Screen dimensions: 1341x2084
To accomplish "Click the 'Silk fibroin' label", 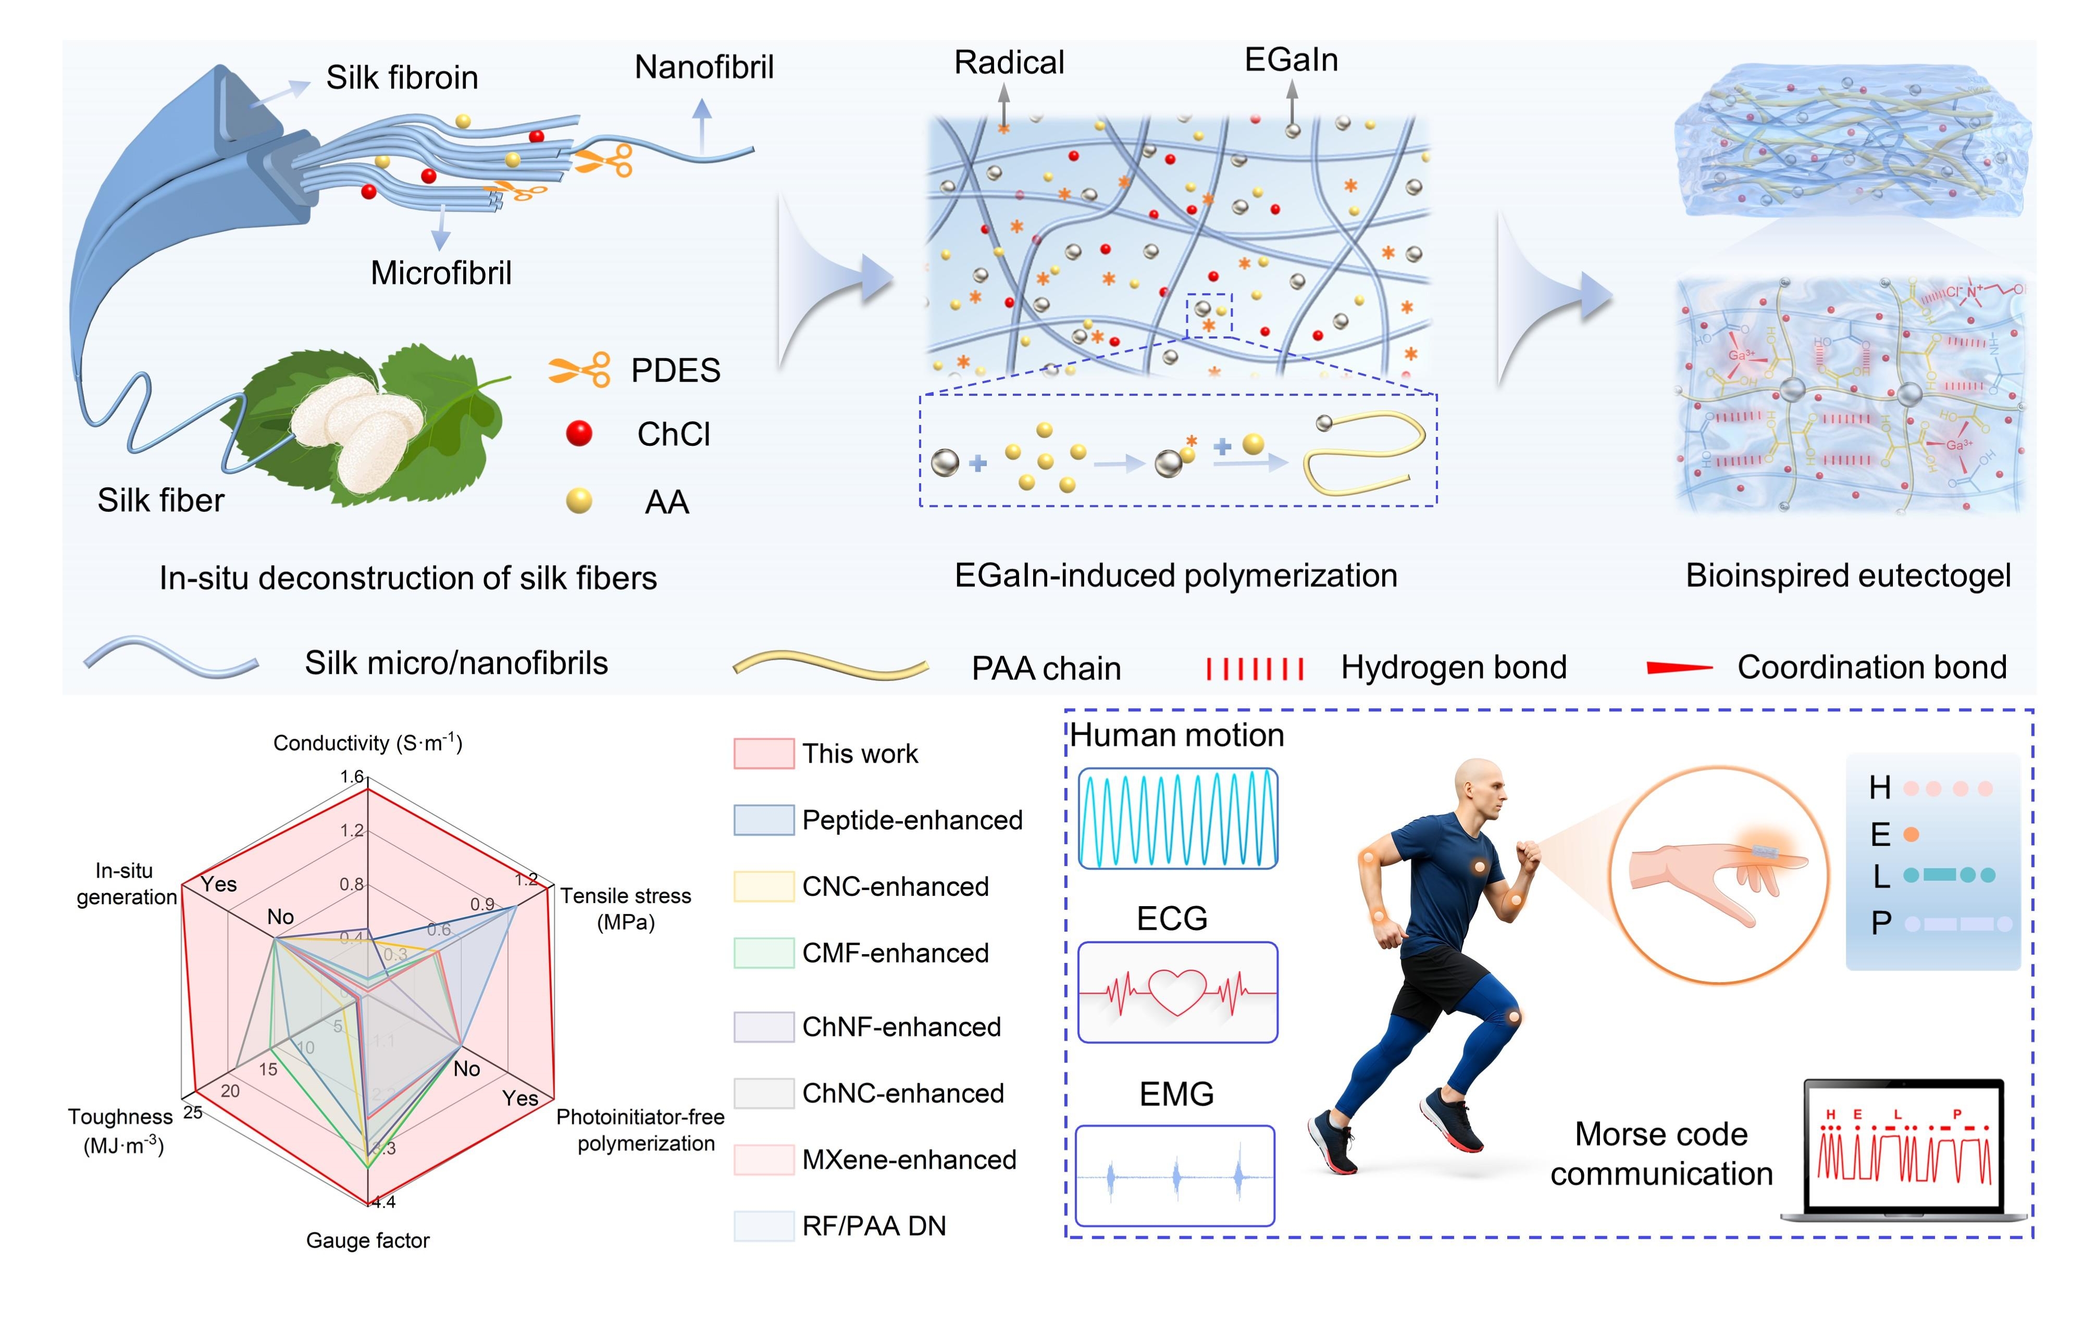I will [402, 78].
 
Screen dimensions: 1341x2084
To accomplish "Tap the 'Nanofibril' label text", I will [704, 67].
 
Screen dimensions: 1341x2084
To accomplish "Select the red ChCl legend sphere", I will [579, 433].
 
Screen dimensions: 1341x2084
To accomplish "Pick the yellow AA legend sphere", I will [579, 500].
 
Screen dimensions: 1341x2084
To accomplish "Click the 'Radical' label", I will [1009, 62].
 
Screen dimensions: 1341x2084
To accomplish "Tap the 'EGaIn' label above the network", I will [1291, 60].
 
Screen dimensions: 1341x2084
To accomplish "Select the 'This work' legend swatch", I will [763, 753].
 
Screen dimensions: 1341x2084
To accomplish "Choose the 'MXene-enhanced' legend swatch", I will [763, 1159].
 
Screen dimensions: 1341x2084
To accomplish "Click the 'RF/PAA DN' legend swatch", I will [763, 1225].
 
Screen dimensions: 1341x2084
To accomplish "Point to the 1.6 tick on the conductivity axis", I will [352, 776].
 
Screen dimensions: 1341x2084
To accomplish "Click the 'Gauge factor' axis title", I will [367, 1240].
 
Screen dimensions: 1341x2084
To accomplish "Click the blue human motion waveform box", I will [1177, 819].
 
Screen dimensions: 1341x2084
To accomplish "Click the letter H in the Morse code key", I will [1879, 788].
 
